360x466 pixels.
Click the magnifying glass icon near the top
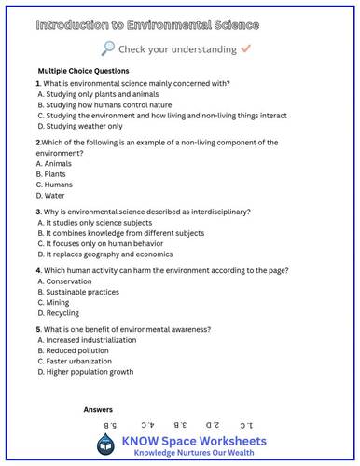[x=108, y=48]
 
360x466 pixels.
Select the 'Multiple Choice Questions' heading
[x=83, y=71]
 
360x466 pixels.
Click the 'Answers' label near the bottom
[x=98, y=410]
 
